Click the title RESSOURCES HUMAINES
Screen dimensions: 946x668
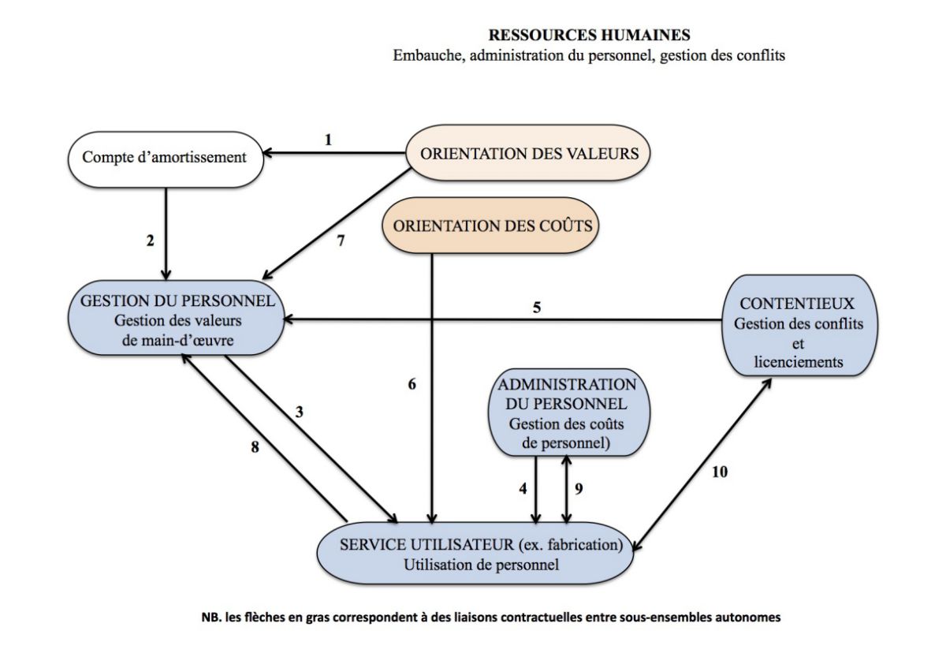coord(589,35)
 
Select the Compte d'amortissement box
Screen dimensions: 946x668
coord(166,159)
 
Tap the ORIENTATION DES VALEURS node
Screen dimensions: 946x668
coord(528,153)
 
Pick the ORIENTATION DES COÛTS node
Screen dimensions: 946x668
coord(490,226)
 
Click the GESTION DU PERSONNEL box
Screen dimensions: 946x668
coord(177,318)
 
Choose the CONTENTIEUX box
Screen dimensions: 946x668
coord(799,326)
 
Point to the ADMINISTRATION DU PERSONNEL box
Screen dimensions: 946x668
coord(569,412)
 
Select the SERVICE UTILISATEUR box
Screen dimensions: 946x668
coord(475,554)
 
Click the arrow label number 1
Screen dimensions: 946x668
coord(328,140)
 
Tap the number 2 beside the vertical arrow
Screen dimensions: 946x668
coord(150,241)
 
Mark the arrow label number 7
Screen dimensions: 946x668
coord(341,241)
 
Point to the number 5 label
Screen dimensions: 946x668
coord(536,307)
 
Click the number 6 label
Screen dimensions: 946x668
coord(412,383)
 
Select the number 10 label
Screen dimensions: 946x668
coord(720,472)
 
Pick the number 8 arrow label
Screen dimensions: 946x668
coord(255,446)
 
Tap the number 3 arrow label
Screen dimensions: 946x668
coord(299,412)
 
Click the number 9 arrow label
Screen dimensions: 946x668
coord(579,488)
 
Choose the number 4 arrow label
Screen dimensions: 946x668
coord(523,488)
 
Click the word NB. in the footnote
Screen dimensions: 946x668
coord(211,618)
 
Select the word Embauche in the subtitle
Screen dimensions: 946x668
coord(429,55)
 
